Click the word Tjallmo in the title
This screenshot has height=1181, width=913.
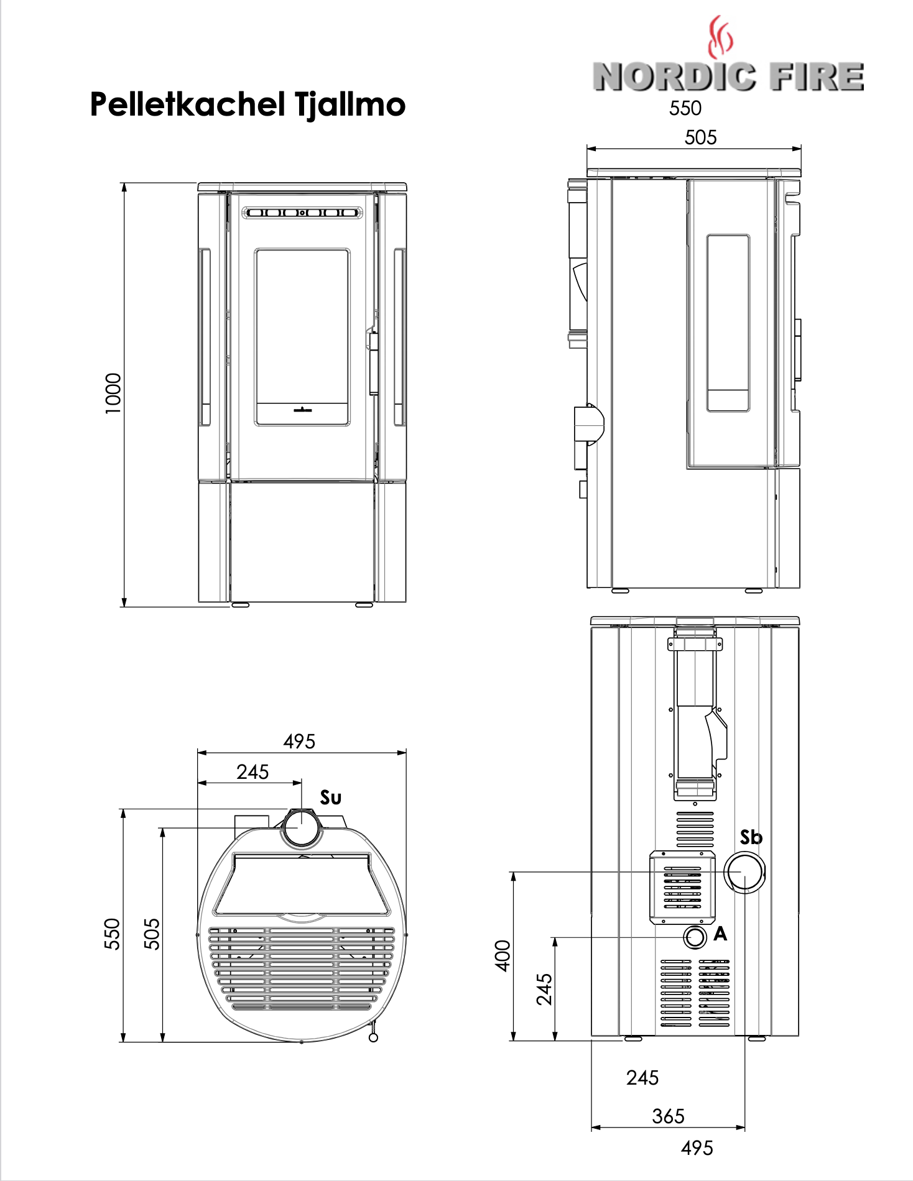(350, 104)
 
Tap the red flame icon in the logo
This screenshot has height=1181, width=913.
(720, 37)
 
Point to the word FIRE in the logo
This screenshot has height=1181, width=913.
(816, 76)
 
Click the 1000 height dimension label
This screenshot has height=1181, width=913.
(113, 393)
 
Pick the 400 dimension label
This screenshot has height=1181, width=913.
(503, 955)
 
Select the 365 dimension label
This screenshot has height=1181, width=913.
(668, 1116)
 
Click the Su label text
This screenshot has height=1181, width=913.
(331, 797)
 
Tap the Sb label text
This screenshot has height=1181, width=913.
(751, 837)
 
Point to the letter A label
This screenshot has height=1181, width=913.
(720, 934)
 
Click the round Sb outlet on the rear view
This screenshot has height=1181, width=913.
(745, 873)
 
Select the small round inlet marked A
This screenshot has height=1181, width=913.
(695, 937)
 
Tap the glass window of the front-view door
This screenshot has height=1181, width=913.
(302, 336)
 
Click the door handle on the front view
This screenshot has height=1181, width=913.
(373, 364)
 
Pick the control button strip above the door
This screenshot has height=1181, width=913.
(302, 213)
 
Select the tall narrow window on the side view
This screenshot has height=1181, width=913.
(728, 323)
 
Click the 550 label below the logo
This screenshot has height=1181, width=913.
(685, 108)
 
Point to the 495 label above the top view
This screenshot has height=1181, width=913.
(299, 741)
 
